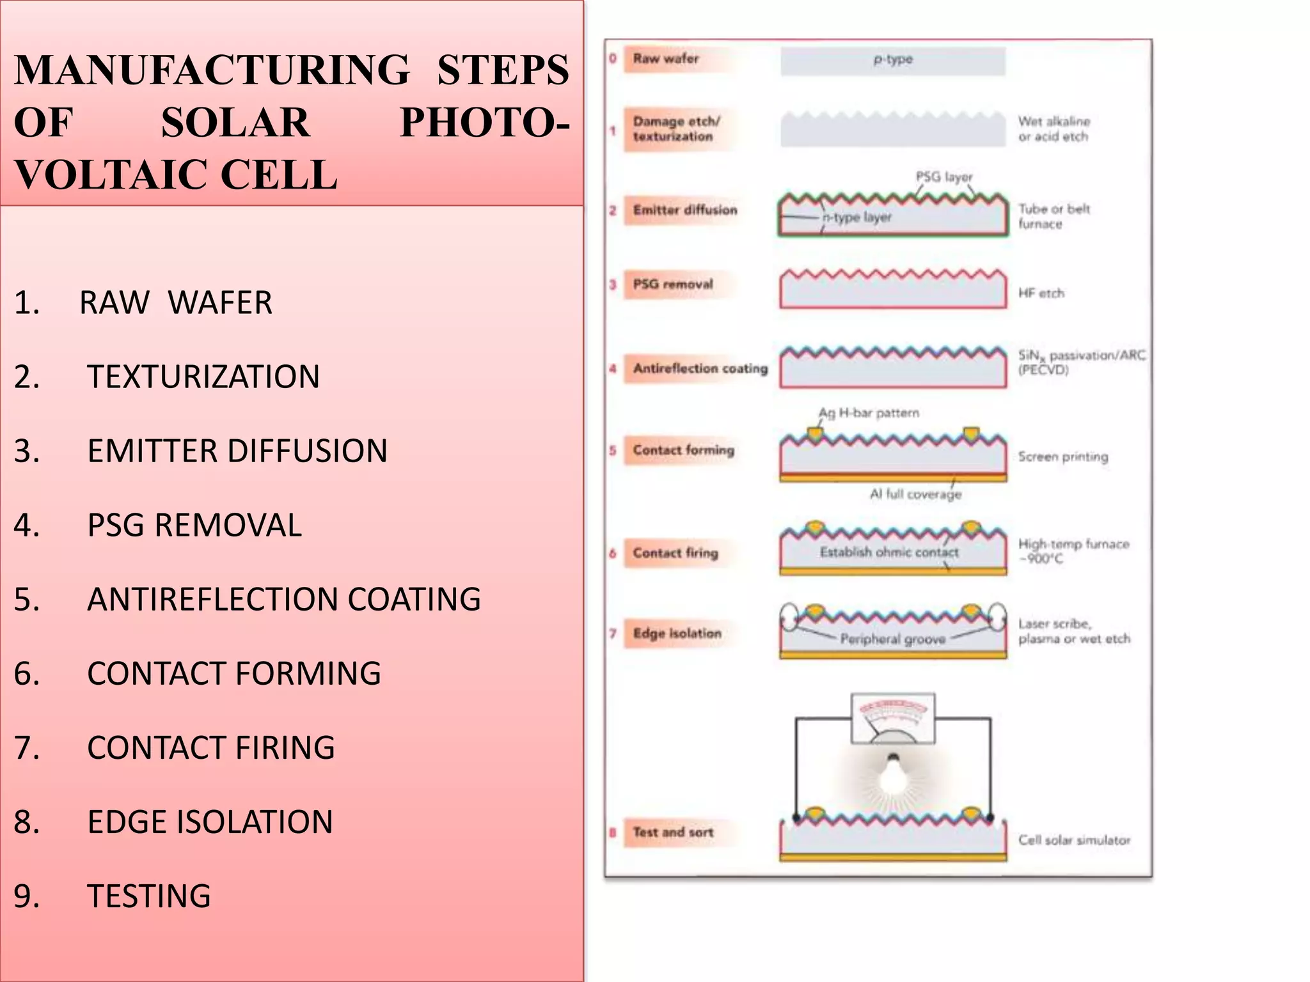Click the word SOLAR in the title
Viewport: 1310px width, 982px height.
click(235, 123)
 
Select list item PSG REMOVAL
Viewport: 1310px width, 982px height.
click(194, 526)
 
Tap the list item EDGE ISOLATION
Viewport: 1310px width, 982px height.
click(210, 822)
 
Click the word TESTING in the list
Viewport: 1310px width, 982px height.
click(148, 896)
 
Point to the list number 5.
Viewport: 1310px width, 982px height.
click(27, 600)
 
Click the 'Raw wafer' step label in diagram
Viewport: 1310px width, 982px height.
click(665, 59)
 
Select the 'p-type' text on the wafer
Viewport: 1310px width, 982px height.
click(893, 59)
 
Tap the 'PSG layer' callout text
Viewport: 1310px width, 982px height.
click(943, 176)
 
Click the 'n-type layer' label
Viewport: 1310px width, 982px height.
click(857, 217)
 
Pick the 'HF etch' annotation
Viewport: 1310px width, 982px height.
click(1041, 293)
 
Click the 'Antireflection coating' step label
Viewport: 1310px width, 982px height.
click(700, 368)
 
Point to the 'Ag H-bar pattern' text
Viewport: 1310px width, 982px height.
click(869, 413)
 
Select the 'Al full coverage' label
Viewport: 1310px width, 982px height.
click(915, 494)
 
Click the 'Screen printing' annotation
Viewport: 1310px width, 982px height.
click(1063, 456)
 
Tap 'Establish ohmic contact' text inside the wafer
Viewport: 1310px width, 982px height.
click(889, 552)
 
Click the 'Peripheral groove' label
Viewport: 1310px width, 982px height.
click(892, 639)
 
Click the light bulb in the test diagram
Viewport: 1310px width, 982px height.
click(894, 775)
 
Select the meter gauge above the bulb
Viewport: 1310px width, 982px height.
click(893, 719)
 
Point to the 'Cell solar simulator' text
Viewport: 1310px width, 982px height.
click(1074, 840)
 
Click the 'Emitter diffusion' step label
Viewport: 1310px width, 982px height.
click(684, 210)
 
